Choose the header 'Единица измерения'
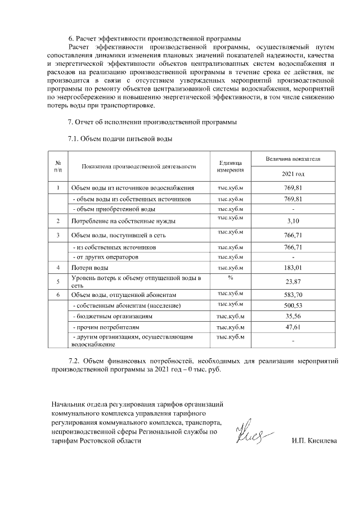(229, 166)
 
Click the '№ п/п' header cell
(58, 166)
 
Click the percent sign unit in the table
(230, 277)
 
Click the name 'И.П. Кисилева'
(314, 442)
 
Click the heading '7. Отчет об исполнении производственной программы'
(152, 121)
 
